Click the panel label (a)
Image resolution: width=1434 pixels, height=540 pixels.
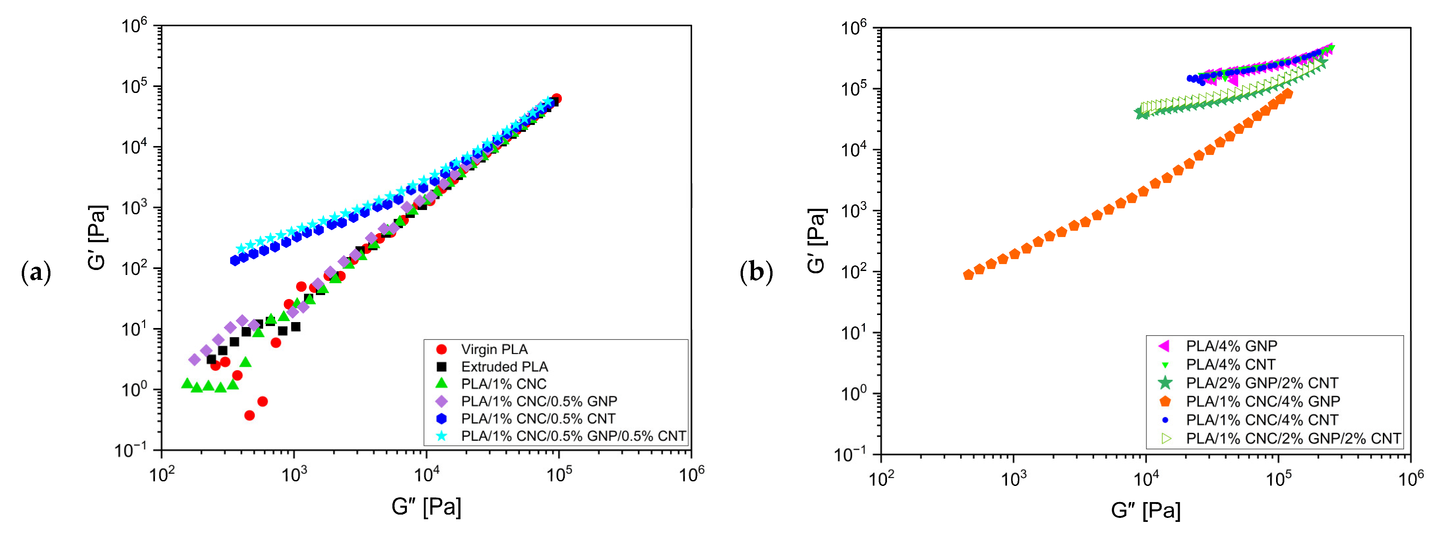click(x=36, y=273)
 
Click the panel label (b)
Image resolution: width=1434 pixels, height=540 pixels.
click(x=756, y=273)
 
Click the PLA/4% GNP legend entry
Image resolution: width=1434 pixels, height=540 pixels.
click(x=1231, y=346)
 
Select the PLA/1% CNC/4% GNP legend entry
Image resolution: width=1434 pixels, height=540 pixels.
click(x=1263, y=402)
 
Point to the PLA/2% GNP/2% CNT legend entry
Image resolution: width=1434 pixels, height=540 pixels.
click(x=1262, y=383)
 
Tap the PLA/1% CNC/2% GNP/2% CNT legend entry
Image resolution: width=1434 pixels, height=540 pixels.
click(x=1293, y=439)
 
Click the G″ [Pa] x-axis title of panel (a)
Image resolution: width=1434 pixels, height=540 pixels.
click(x=426, y=507)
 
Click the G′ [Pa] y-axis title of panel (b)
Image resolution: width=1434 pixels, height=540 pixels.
click(x=817, y=241)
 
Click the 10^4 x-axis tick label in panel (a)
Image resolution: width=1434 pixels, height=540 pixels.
click(x=426, y=474)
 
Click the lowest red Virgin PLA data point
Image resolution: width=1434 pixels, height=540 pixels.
click(x=249, y=415)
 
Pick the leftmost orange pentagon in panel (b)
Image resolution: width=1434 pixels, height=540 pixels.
click(x=969, y=275)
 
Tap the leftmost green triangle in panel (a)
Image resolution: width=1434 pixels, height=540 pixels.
click(x=187, y=383)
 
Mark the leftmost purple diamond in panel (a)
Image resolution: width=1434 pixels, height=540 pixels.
click(x=194, y=360)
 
